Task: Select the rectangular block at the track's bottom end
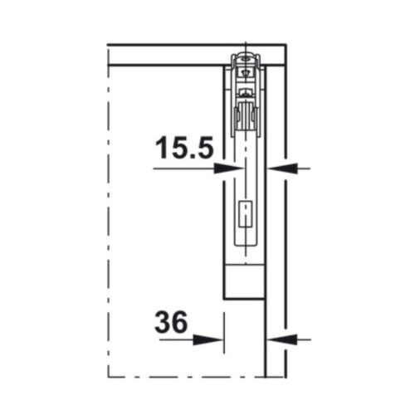click(245, 281)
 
